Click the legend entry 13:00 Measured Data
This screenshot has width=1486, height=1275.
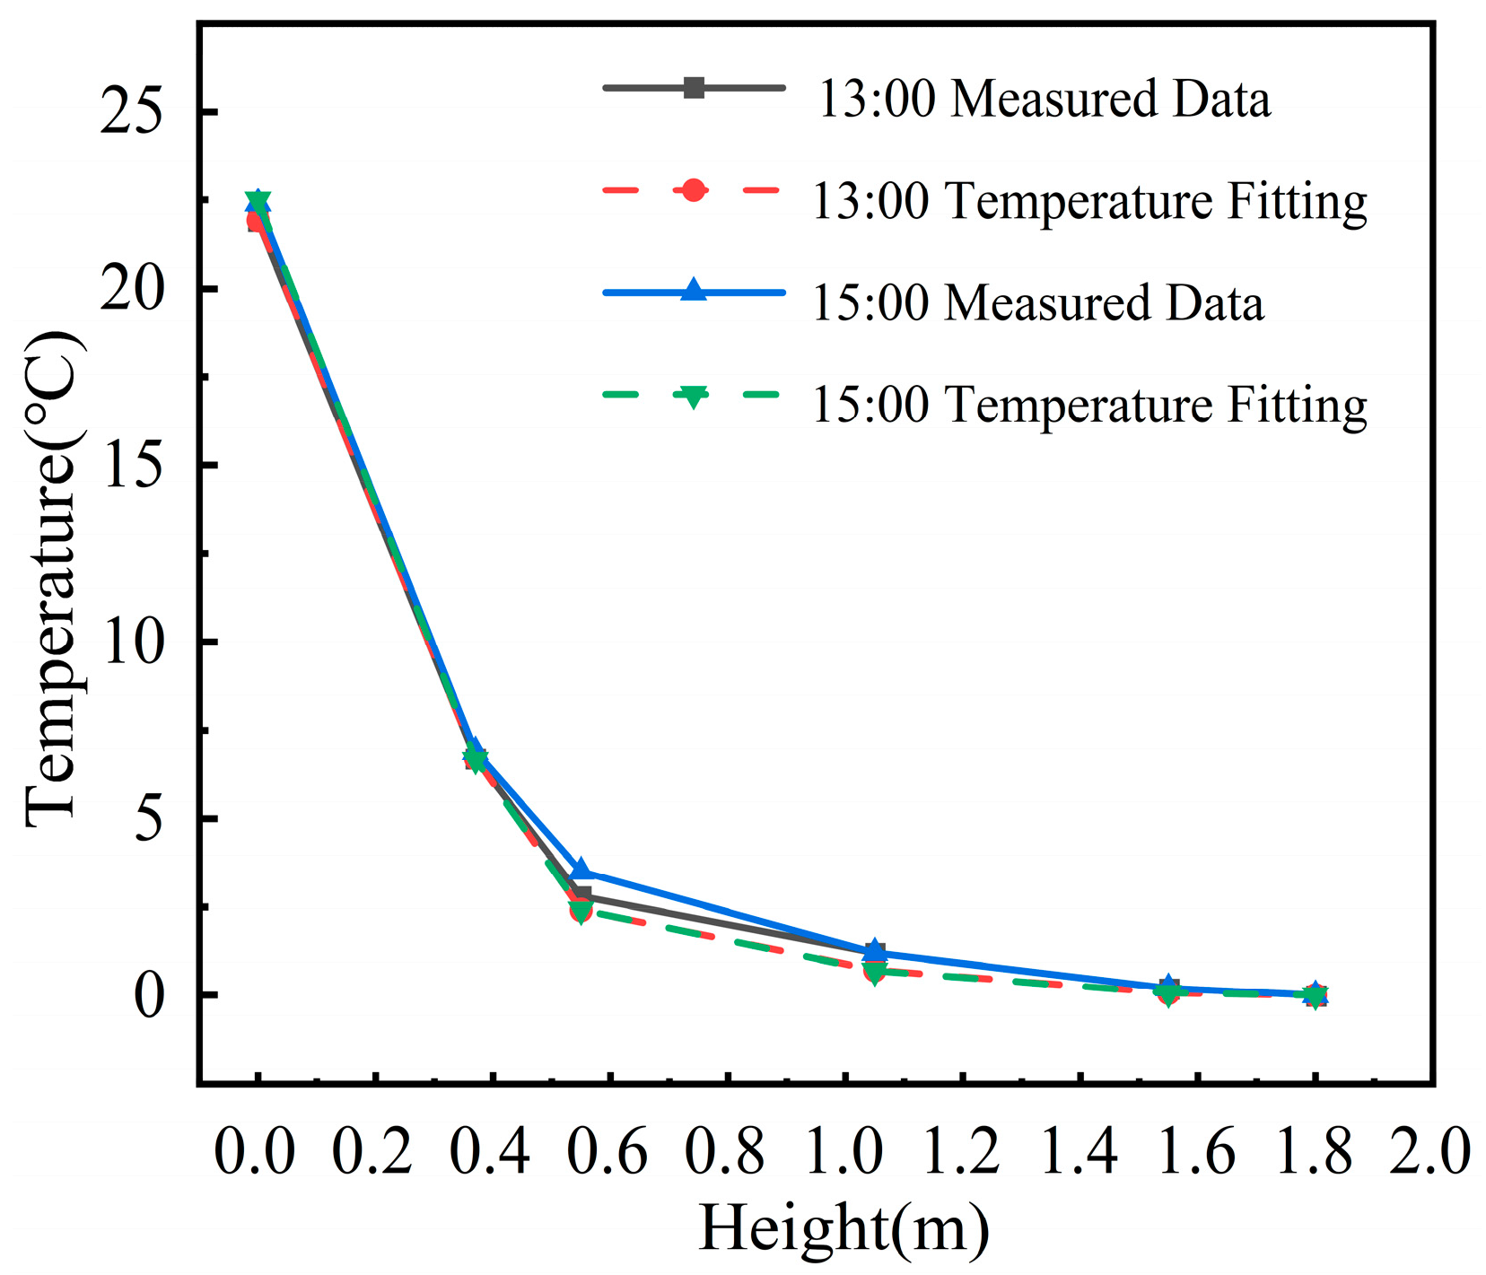[x=1043, y=99]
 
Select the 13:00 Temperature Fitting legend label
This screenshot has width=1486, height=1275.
[x=1089, y=201]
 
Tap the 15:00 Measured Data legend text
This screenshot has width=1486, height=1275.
[x=1038, y=303]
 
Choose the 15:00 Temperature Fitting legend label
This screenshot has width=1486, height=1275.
[x=1089, y=405]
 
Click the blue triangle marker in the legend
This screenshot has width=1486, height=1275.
[x=693, y=291]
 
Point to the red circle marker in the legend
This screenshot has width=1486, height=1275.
[x=693, y=190]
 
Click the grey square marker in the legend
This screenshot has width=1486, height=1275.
[x=693, y=88]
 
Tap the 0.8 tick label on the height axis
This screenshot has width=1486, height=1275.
[x=724, y=1151]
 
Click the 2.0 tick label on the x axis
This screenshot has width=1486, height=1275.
[x=1430, y=1151]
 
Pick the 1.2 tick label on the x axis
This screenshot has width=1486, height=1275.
[x=960, y=1151]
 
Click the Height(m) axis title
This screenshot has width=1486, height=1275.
[x=844, y=1227]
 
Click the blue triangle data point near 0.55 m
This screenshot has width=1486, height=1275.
[x=581, y=869]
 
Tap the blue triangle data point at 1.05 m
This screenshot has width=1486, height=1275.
[x=875, y=949]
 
